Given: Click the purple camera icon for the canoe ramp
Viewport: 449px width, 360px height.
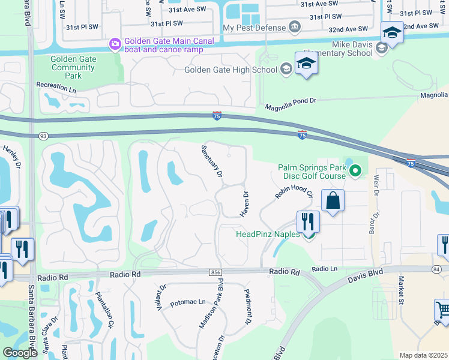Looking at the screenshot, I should (115, 44).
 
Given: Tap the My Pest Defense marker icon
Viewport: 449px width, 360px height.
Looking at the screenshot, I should (294, 27).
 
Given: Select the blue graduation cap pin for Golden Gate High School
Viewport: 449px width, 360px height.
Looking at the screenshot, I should (306, 64).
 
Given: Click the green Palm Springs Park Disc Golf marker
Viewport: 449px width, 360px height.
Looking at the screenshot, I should (355, 172).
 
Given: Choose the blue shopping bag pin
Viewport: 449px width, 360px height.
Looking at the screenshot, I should (333, 200).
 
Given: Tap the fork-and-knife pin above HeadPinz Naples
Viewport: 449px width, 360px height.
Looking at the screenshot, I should (308, 221).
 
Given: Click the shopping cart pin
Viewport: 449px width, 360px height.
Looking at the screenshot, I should (443, 310).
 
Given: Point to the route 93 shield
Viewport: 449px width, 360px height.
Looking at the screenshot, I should (43, 136).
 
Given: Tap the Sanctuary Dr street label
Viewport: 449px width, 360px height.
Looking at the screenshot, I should (212, 160).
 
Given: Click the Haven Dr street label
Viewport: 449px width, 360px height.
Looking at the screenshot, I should (245, 203).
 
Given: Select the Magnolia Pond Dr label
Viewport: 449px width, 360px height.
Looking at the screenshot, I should (291, 104).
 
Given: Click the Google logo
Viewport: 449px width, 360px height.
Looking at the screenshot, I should (20, 353).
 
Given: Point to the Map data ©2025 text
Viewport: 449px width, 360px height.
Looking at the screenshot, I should (423, 355).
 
